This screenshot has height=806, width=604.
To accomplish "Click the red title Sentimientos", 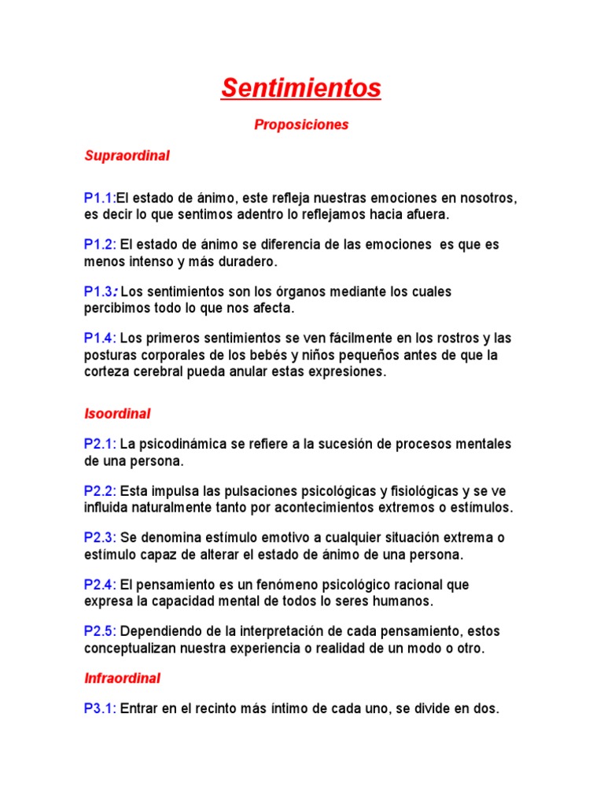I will [300, 88].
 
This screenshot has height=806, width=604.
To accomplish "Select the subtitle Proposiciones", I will [301, 125].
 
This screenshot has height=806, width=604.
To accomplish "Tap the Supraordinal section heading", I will [127, 156].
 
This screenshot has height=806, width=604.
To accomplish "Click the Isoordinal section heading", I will [117, 413].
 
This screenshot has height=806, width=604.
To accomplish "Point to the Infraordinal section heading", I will [122, 678].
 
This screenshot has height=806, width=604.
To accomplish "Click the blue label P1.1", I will [99, 198].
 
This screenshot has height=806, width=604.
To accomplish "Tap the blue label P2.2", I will [100, 491].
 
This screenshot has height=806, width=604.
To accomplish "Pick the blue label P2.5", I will [100, 631].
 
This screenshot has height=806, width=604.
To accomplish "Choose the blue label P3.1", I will [100, 708].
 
